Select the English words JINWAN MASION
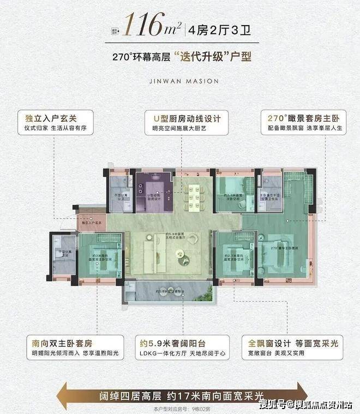click(x=181, y=81)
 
